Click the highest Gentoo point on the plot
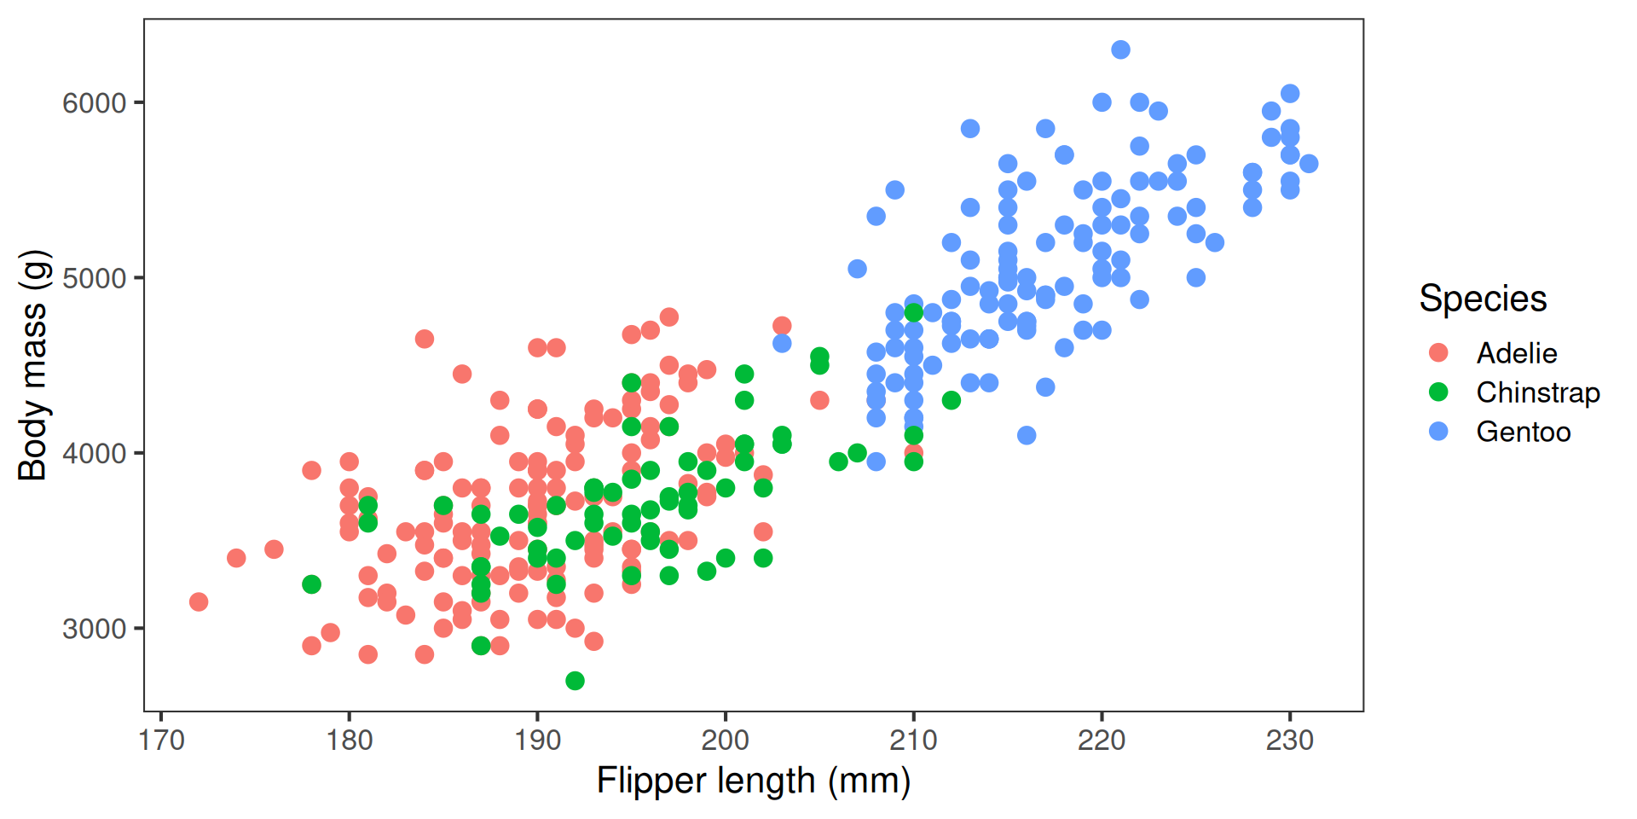(x=1120, y=49)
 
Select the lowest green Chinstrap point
(x=575, y=680)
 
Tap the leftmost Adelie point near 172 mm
(x=199, y=601)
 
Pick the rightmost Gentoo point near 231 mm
(x=1308, y=163)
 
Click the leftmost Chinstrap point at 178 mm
(x=311, y=584)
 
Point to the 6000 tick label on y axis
(x=94, y=103)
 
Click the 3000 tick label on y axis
(x=94, y=629)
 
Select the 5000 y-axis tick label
(x=94, y=278)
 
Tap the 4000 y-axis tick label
(x=94, y=454)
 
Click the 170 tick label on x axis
(x=161, y=740)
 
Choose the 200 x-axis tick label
(x=725, y=740)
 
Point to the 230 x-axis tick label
(x=1289, y=740)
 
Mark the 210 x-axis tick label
(x=913, y=740)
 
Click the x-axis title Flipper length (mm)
(x=754, y=780)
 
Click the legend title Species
(x=1483, y=299)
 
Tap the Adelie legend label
(x=1517, y=353)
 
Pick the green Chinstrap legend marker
(x=1438, y=392)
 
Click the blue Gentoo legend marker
(x=1438, y=431)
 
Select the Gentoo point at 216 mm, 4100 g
(x=1027, y=435)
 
